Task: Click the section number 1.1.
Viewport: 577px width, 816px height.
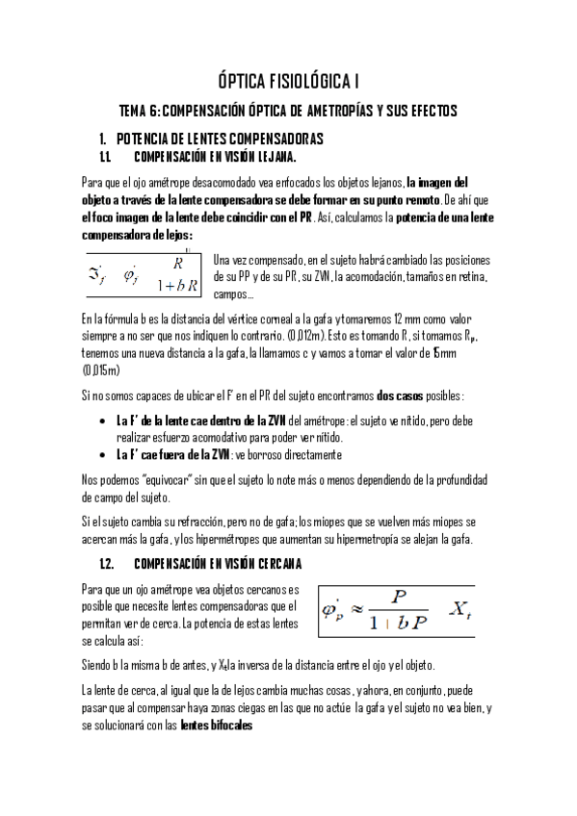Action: click(107, 157)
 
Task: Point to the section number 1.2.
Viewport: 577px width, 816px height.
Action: click(108, 563)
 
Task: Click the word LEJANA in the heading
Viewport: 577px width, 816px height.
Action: click(274, 157)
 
